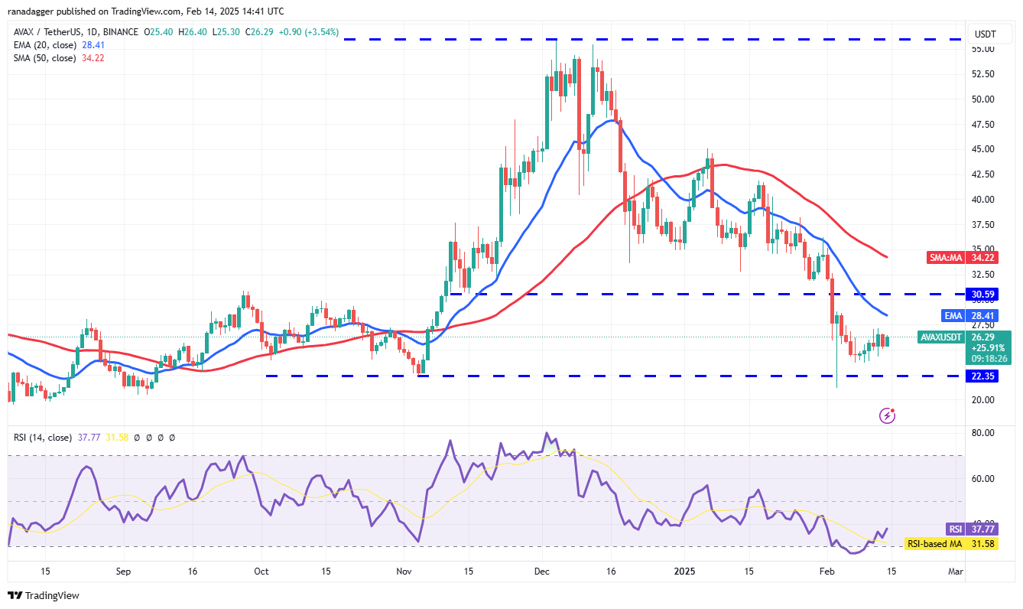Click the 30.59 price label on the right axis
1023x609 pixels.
[984, 294]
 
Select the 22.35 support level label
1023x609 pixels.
[984, 376]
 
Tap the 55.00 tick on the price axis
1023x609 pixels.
[982, 49]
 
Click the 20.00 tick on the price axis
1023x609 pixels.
[982, 399]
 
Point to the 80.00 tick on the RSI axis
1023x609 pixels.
[982, 433]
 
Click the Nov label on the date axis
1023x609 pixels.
[404, 571]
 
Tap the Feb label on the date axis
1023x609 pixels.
[827, 571]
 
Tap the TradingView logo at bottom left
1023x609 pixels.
[44, 595]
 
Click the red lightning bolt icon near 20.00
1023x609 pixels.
[888, 415]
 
